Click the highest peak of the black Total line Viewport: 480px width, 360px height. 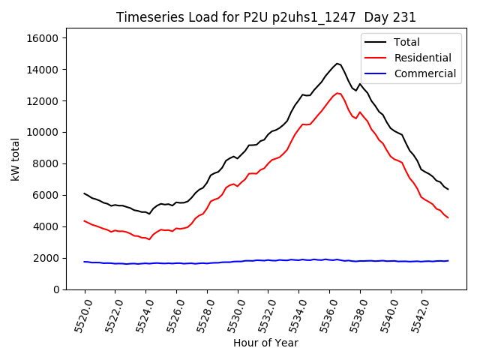pos(337,64)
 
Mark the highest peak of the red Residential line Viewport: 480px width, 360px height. pos(337,93)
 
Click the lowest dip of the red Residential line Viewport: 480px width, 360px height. pos(149,239)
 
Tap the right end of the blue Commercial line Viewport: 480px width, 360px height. pos(448,261)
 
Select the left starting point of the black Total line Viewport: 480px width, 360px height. pos(85,193)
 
